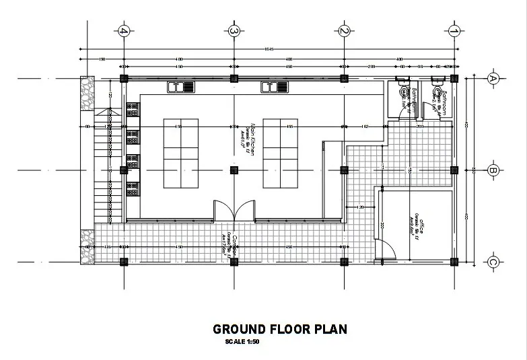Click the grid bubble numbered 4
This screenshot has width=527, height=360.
tap(123, 31)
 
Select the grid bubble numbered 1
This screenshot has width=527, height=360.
tap(454, 31)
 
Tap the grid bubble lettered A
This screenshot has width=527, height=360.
tap(492, 78)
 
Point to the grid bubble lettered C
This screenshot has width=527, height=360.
tap(492, 262)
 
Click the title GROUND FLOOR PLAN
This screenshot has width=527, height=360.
tap(280, 329)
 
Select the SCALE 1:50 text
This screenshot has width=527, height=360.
tap(243, 343)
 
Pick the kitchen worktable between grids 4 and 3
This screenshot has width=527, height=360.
tap(180, 154)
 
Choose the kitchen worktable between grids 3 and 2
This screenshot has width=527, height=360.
tap(280, 154)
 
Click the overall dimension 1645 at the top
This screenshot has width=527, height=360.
tap(269, 48)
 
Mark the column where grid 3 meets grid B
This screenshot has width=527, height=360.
tap(234, 170)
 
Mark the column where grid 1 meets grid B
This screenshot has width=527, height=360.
tap(454, 170)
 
